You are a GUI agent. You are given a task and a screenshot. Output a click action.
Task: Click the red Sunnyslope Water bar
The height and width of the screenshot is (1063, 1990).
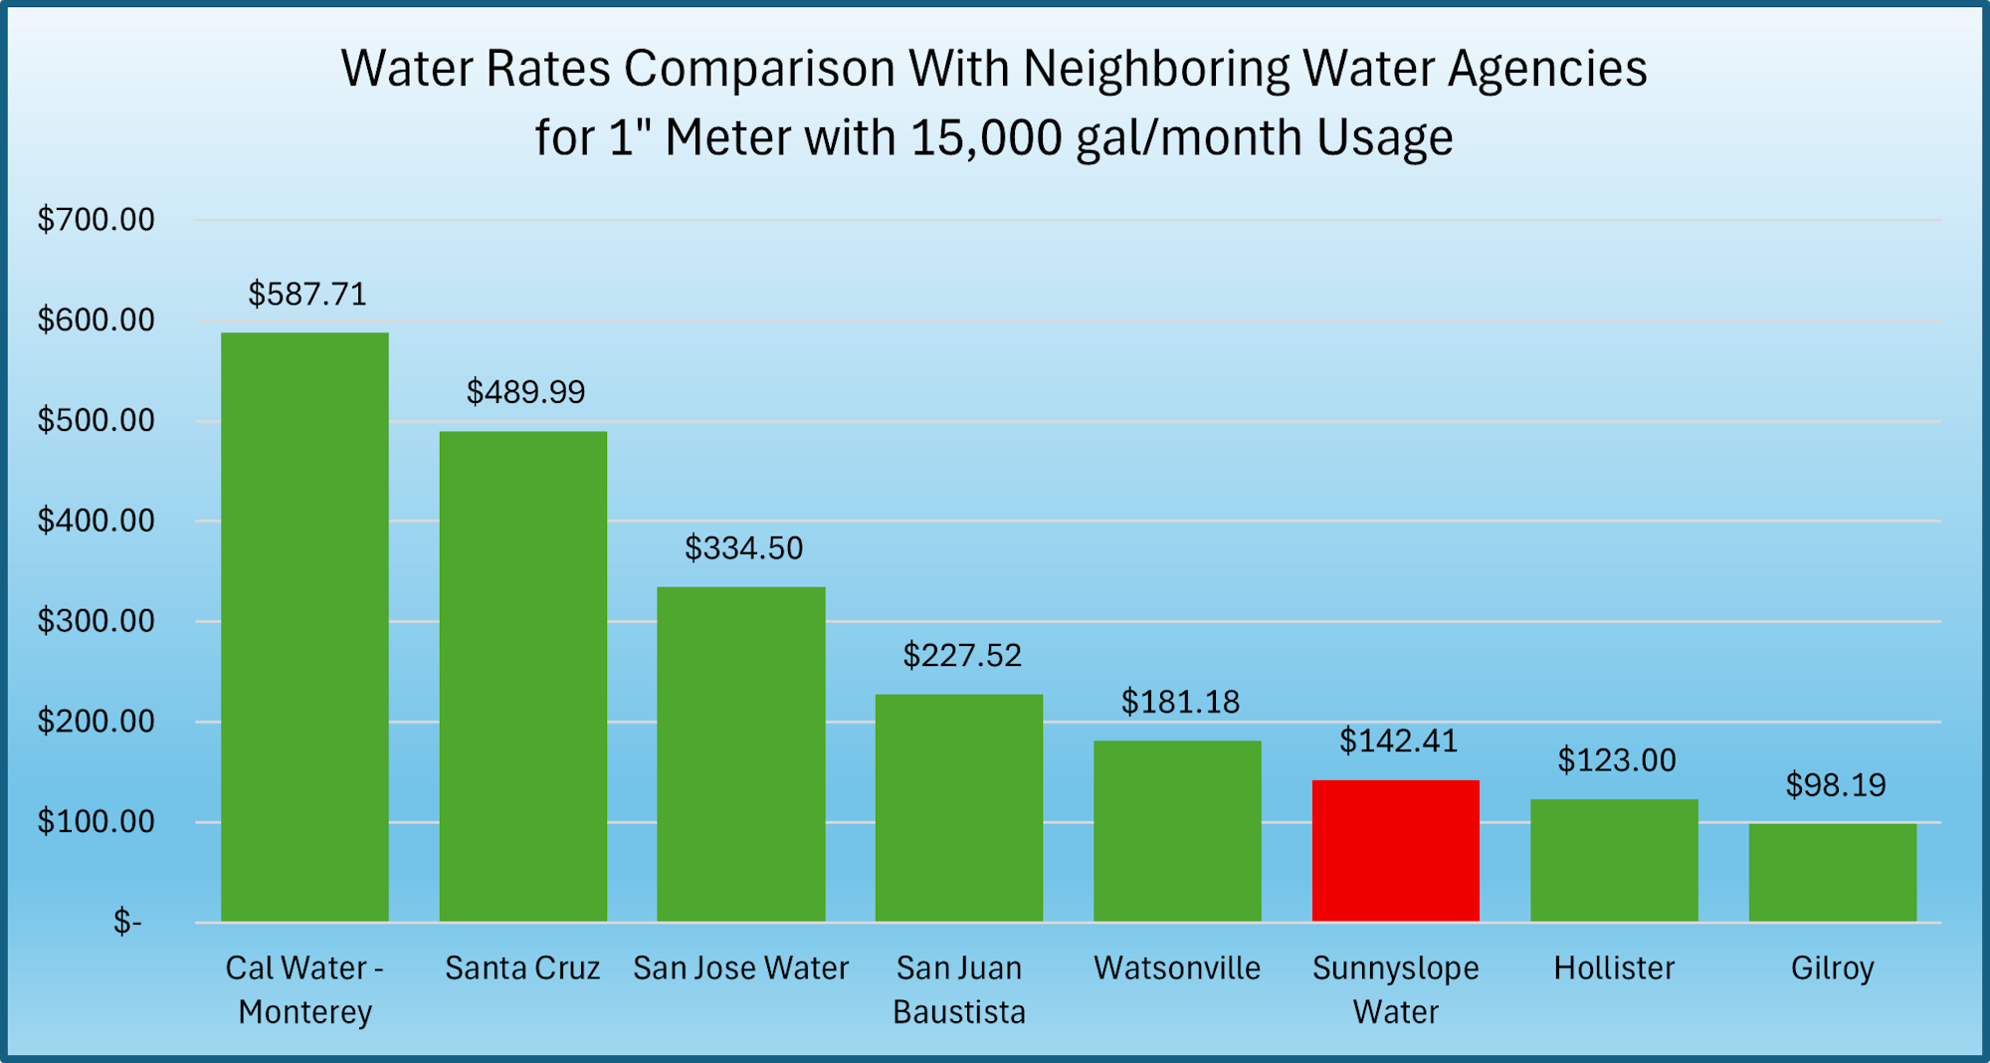click(1395, 851)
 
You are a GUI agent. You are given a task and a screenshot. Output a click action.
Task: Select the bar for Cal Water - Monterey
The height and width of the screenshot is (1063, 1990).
click(304, 627)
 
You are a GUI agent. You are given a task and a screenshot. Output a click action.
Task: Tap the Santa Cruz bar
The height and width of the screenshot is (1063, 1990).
click(523, 677)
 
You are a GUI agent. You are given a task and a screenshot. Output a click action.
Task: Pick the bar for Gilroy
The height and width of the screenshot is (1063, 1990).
click(1832, 872)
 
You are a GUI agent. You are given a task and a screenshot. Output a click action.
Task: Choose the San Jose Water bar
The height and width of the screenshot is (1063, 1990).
click(741, 754)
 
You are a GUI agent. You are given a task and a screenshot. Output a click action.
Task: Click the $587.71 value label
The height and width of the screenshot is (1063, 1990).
click(307, 295)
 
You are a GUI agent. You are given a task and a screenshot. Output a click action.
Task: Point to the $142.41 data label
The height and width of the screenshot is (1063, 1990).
click(1398, 742)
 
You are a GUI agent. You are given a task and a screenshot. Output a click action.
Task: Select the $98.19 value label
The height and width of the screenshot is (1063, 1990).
click(1836, 785)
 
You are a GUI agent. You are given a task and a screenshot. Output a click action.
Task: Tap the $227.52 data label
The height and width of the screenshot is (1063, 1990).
click(962, 656)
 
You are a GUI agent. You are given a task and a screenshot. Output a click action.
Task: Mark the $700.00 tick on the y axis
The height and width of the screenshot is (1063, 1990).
click(97, 220)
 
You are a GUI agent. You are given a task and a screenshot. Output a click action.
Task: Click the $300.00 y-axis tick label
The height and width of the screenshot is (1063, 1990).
click(97, 621)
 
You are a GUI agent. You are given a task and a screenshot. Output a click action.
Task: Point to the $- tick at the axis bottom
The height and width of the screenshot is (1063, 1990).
click(127, 923)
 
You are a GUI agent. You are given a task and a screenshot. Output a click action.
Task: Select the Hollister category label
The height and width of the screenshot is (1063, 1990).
click(1614, 968)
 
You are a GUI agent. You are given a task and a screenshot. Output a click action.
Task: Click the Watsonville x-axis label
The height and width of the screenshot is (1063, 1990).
click(1177, 968)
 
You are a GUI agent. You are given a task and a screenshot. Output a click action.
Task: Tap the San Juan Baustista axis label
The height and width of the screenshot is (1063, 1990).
click(959, 989)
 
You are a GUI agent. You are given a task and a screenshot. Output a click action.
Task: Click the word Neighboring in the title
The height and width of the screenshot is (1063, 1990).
click(1155, 69)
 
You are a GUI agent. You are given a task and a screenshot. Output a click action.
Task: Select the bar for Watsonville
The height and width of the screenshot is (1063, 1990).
click(1177, 831)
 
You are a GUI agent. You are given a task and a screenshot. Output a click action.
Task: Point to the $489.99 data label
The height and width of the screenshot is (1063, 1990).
click(525, 392)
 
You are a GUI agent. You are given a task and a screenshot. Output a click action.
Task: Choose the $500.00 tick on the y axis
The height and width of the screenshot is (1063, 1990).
click(97, 421)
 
